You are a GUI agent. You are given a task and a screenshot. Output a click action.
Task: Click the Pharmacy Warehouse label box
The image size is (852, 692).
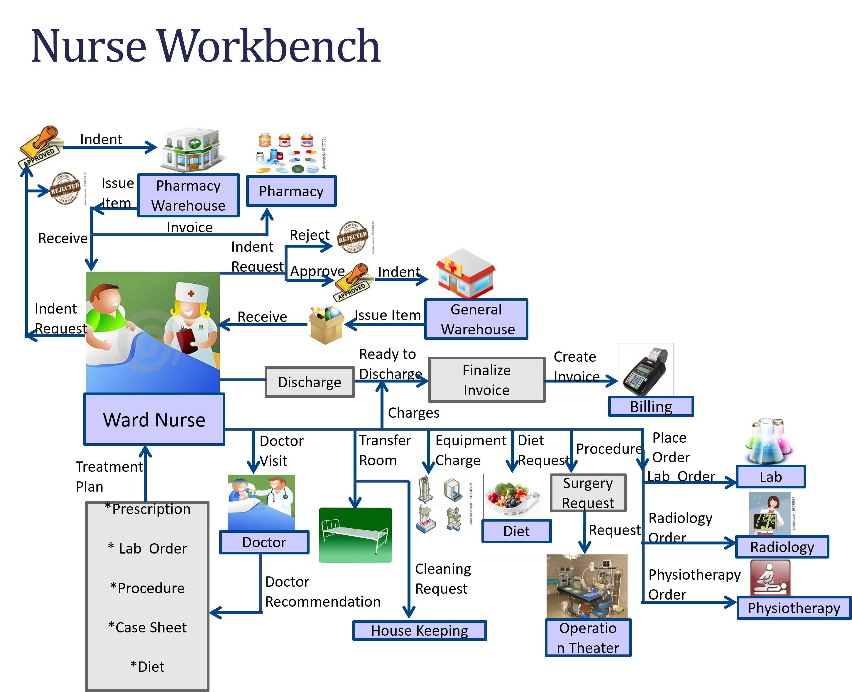(188, 195)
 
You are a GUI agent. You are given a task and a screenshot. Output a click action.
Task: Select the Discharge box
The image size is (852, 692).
(310, 382)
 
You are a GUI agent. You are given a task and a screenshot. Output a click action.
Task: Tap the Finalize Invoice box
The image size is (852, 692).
(486, 380)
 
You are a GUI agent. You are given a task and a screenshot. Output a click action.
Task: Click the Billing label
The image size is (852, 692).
(651, 407)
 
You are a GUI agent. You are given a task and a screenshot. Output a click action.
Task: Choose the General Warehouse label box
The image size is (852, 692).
(476, 319)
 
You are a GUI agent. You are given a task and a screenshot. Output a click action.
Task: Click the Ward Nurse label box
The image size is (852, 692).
(154, 419)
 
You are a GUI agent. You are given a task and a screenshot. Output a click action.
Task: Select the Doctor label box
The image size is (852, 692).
(264, 542)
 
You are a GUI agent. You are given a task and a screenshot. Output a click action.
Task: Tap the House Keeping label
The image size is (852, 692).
(420, 631)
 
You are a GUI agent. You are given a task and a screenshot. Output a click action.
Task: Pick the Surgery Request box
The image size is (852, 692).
(588, 493)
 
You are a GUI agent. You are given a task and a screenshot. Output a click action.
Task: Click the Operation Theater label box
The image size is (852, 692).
(588, 638)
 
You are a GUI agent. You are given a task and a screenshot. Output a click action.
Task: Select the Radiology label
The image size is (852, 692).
(782, 547)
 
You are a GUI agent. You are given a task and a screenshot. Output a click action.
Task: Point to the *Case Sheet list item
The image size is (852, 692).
(147, 627)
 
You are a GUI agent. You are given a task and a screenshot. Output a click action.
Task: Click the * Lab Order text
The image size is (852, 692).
(147, 549)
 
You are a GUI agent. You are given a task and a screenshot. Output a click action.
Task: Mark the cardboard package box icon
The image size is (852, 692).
(326, 326)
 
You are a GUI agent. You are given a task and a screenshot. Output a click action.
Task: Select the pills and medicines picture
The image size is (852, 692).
(290, 153)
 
